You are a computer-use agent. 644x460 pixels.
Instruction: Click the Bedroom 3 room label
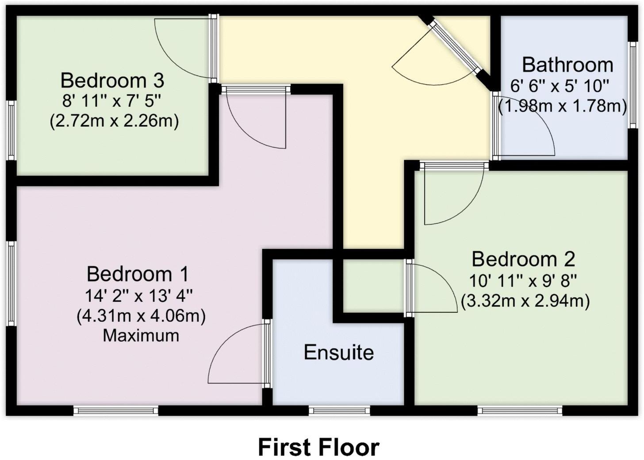(x=112, y=80)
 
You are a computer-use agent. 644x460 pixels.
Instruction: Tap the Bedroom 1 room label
(x=138, y=274)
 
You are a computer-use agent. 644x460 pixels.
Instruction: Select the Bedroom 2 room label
(x=523, y=259)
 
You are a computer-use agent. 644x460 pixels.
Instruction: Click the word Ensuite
(x=339, y=353)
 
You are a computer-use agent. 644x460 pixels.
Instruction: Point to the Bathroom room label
(x=567, y=65)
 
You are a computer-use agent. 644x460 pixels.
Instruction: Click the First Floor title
(x=318, y=447)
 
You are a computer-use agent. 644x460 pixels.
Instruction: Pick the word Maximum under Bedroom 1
(x=141, y=336)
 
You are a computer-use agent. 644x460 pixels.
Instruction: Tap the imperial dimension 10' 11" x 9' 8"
(x=523, y=280)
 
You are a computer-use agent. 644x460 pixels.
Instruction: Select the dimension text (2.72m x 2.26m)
(x=114, y=121)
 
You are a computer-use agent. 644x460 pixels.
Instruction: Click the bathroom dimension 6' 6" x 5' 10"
(x=560, y=86)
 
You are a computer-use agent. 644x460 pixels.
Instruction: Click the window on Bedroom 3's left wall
(x=11, y=130)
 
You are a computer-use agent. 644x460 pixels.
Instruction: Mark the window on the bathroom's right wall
(x=633, y=85)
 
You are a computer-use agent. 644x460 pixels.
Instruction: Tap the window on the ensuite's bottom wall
(x=339, y=411)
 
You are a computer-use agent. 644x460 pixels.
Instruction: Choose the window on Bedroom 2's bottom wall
(x=520, y=411)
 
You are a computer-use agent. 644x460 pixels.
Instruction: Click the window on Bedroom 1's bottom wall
(x=116, y=411)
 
